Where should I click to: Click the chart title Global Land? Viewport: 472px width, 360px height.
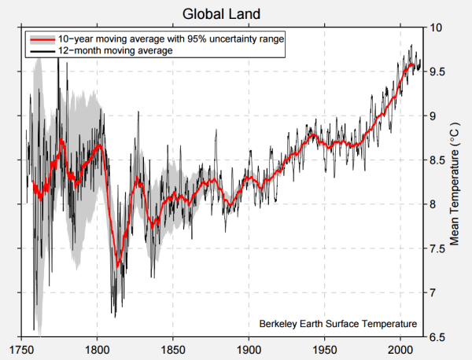click(221, 14)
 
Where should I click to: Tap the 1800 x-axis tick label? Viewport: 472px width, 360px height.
click(97, 350)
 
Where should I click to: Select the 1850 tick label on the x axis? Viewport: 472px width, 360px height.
click(173, 350)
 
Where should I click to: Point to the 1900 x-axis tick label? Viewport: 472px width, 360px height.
click(249, 350)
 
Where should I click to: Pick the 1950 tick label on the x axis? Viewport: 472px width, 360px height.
click(325, 350)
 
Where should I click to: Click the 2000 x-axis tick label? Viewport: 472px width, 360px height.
click(401, 350)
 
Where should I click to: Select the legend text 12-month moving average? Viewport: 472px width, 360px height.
click(115, 50)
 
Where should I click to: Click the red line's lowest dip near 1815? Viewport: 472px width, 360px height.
click(117, 265)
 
